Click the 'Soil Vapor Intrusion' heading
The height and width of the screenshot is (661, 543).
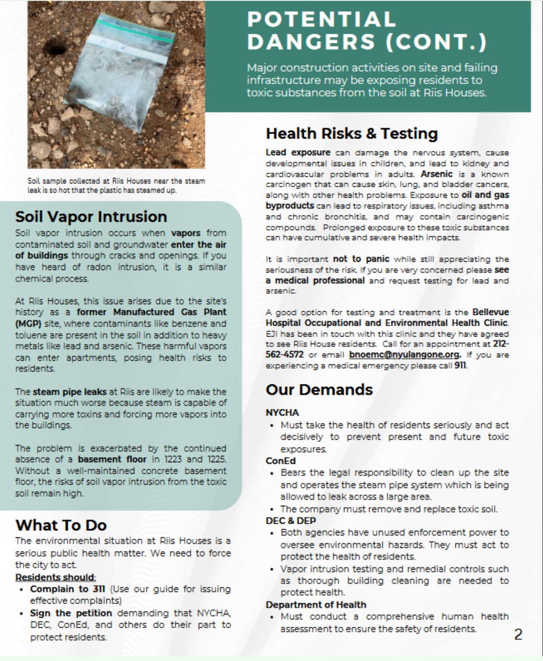coord(91,217)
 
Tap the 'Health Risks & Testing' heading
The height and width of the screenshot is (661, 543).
coord(352,133)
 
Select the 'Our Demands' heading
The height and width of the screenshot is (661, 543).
coord(319,389)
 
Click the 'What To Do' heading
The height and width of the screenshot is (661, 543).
coord(61,525)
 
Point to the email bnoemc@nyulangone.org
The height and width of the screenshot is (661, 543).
coord(405,355)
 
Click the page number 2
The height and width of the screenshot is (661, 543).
coord(518,634)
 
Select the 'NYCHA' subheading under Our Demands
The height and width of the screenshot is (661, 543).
coord(282,412)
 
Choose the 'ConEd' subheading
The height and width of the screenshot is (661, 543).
coord(281,461)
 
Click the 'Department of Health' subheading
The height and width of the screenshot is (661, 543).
coord(316,604)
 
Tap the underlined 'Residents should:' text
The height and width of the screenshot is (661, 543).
coord(55,577)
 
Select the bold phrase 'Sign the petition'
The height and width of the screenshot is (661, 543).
coord(71,613)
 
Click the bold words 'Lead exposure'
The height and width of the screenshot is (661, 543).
coord(298,153)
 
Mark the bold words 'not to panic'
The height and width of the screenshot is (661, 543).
coord(361,259)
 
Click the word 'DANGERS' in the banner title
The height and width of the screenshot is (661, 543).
coord(311,42)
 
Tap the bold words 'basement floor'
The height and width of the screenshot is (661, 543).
coord(112,459)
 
